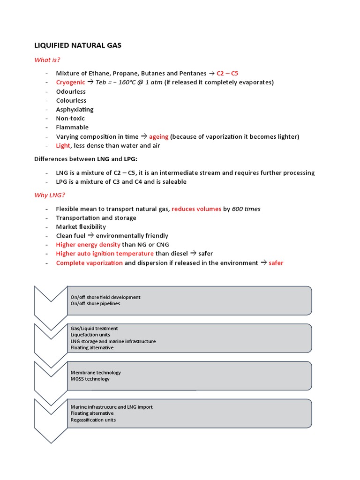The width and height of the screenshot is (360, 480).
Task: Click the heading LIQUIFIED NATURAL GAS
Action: [x=78, y=45]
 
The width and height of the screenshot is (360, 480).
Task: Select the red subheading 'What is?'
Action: [x=47, y=60]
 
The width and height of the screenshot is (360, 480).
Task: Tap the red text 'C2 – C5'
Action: [x=227, y=73]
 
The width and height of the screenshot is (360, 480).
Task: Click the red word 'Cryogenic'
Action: [x=71, y=82]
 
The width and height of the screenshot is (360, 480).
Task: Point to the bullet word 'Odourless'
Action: [x=71, y=91]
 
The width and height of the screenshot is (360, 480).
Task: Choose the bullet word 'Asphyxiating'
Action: [x=75, y=109]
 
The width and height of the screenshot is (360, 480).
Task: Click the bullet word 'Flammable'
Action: [x=72, y=127]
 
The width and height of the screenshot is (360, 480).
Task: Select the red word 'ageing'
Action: [x=158, y=136]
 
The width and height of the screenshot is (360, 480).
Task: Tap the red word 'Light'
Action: [x=63, y=145]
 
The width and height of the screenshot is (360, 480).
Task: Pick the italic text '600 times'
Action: [x=246, y=209]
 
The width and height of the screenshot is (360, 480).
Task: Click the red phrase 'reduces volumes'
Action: [x=196, y=209]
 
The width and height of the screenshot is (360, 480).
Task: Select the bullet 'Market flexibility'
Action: [x=81, y=226]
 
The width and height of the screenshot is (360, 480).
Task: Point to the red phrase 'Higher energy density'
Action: [x=88, y=245]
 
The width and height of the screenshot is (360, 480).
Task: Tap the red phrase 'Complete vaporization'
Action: [x=89, y=263]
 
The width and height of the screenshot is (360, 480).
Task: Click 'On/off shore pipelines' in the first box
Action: [x=95, y=303]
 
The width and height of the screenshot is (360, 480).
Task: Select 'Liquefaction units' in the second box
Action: [x=92, y=335]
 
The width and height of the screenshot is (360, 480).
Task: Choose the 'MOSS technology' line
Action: [x=90, y=379]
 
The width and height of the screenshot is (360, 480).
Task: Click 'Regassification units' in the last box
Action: [x=93, y=420]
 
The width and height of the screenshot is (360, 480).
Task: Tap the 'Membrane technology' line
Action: [x=96, y=373]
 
